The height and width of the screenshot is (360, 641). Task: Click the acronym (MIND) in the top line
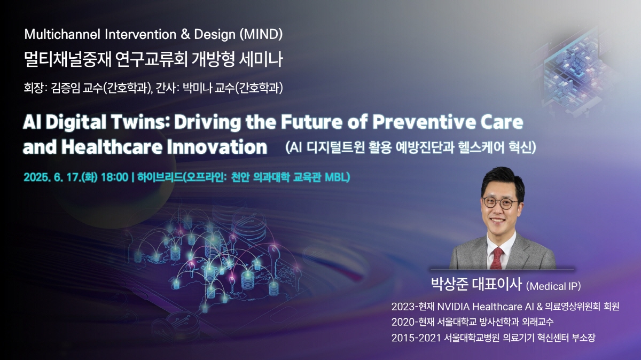click(261, 34)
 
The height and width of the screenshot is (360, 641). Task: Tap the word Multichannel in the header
click(62, 34)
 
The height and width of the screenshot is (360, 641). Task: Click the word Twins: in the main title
click(140, 122)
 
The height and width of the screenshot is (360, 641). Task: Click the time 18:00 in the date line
click(115, 177)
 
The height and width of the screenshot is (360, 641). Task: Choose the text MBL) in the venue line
click(338, 177)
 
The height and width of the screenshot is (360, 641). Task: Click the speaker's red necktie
click(497, 258)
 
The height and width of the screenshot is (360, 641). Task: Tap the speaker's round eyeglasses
click(499, 203)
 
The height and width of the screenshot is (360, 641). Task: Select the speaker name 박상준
click(450, 284)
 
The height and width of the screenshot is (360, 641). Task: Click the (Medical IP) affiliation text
click(553, 286)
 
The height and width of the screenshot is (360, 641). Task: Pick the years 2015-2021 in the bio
click(416, 338)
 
